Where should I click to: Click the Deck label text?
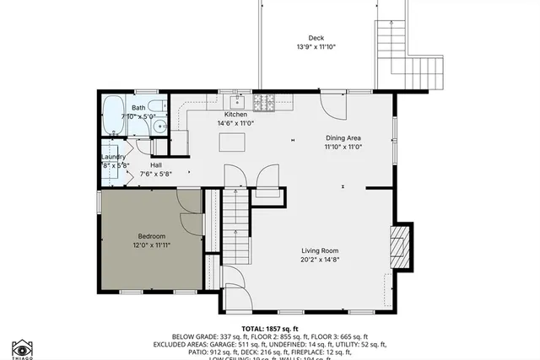316,37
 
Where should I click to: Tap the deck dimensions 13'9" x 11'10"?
316,47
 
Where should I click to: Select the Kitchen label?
235,115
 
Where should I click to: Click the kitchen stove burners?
267,104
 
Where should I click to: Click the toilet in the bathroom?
159,126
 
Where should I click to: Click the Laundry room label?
114,157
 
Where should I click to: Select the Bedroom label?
152,236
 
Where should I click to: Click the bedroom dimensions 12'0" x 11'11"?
152,245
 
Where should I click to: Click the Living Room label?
321,250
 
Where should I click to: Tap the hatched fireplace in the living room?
402,245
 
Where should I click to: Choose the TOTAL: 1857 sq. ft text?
270,327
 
